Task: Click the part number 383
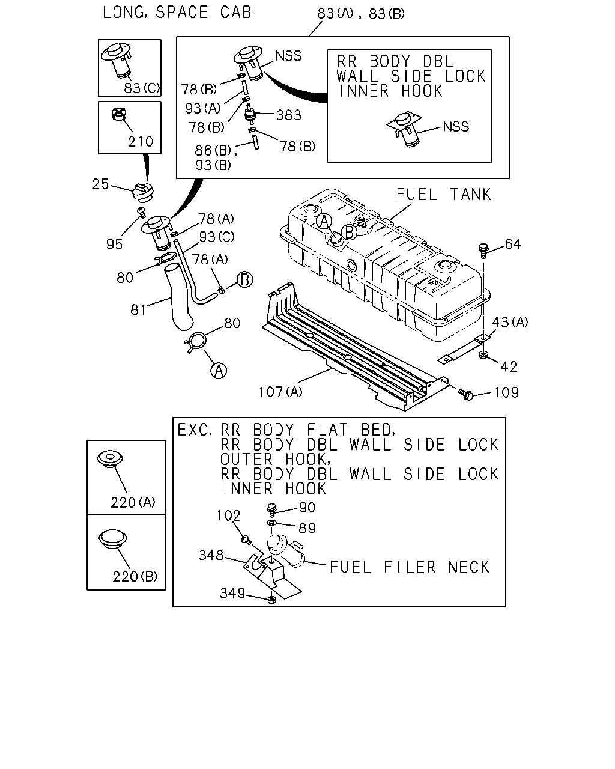point(289,115)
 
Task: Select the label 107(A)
point(280,392)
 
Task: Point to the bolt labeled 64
point(483,251)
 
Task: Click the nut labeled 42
point(483,355)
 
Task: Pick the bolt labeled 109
point(466,394)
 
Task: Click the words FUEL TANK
point(443,195)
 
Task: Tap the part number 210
point(141,142)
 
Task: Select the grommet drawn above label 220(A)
point(110,458)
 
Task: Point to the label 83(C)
point(142,88)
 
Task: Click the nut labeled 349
point(271,600)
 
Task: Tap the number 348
point(211,555)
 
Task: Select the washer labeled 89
point(271,524)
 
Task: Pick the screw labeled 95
point(142,212)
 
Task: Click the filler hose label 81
point(138,310)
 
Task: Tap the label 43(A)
point(509,323)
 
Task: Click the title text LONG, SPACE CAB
point(177,13)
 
